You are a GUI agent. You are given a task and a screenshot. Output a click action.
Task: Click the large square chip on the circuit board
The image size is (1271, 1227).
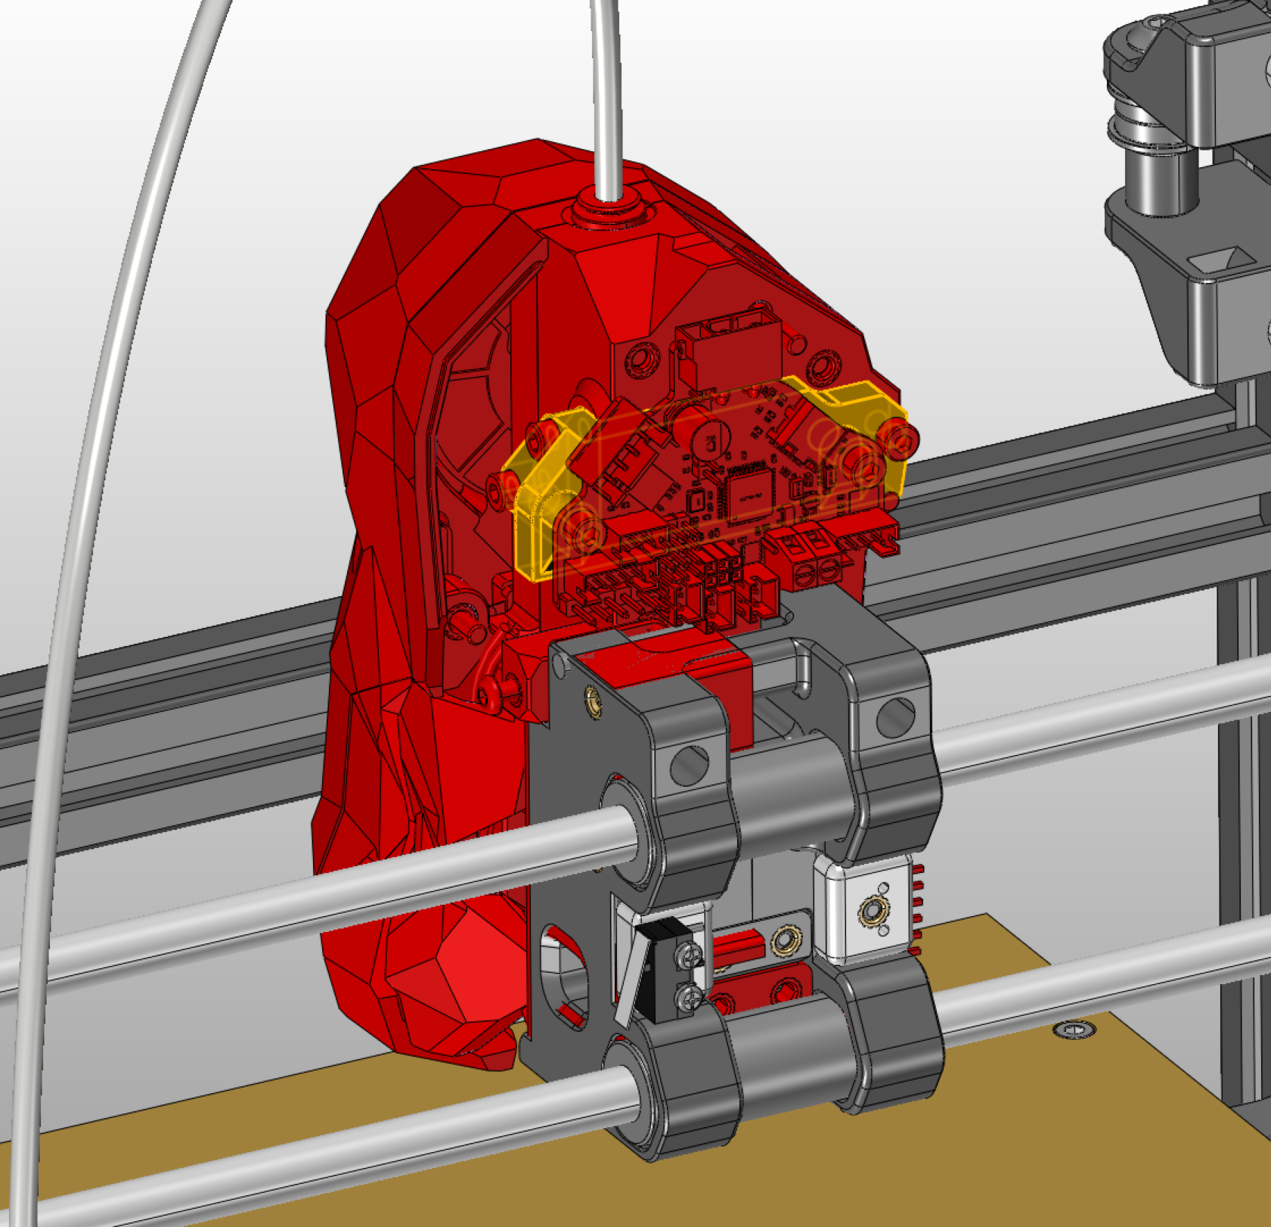(750, 496)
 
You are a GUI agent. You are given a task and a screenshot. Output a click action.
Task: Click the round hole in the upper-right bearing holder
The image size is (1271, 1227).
(895, 718)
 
